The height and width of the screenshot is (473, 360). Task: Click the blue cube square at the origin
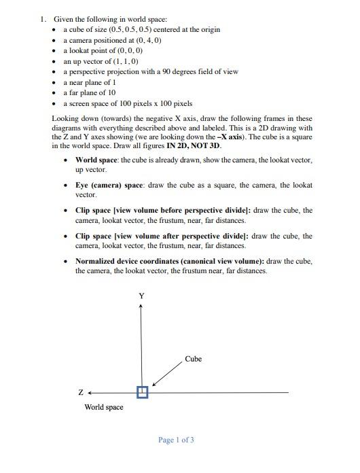click(x=141, y=392)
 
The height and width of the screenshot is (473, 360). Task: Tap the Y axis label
click(x=141, y=296)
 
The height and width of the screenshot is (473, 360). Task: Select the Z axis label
click(x=81, y=393)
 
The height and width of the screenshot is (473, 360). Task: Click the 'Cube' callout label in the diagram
click(x=194, y=359)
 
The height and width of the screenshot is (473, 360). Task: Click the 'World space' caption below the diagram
click(x=103, y=407)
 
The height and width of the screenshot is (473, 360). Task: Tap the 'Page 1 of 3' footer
click(x=176, y=440)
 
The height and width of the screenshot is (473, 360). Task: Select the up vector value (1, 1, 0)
click(x=119, y=61)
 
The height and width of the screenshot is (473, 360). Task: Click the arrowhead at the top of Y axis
click(x=141, y=306)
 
